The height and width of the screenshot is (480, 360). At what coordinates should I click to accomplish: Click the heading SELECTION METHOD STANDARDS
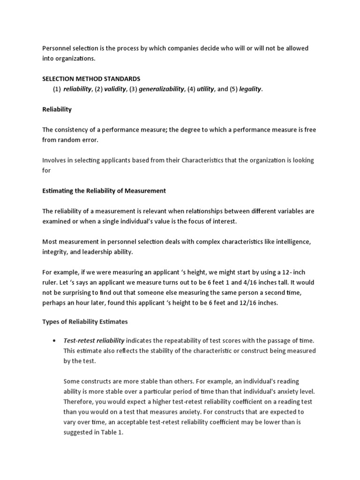click(91, 79)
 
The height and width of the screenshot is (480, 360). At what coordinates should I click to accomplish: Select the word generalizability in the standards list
click(159, 89)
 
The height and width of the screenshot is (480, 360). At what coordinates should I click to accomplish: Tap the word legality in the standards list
click(250, 89)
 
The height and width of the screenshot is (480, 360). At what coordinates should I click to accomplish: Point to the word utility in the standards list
click(205, 89)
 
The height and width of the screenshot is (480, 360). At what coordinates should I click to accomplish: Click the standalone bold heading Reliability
click(57, 109)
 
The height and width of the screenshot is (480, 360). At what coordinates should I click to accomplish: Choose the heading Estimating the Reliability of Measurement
click(104, 190)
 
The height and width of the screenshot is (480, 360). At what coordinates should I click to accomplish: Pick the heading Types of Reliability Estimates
click(85, 323)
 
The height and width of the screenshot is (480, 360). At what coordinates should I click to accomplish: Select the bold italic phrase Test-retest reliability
click(94, 341)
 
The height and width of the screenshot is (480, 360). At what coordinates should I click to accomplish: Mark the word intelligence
click(289, 241)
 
